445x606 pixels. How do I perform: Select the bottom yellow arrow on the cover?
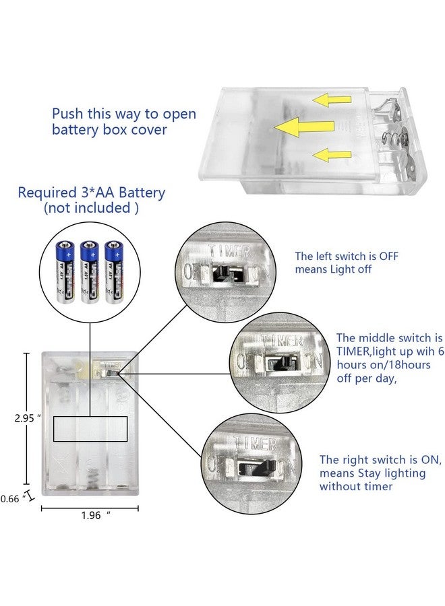(330, 154)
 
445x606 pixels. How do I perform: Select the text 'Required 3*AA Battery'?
(91, 193)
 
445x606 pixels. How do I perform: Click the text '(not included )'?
(91, 208)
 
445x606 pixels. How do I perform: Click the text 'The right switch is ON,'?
(380, 460)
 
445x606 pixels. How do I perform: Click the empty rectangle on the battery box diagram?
(90, 428)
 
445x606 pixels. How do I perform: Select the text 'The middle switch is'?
(389, 337)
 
